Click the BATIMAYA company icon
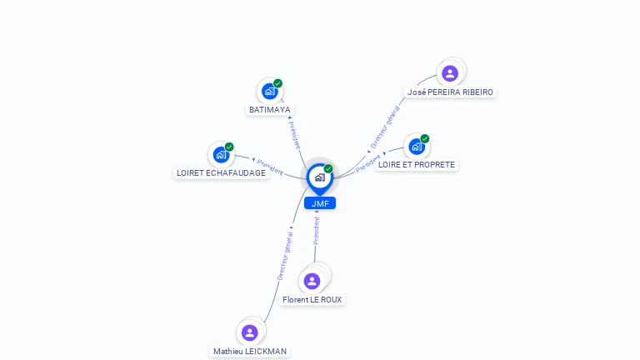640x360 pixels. pyautogui.click(x=270, y=92)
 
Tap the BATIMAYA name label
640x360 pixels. pyautogui.click(x=270, y=110)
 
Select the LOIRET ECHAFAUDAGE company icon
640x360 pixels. pyautogui.click(x=221, y=155)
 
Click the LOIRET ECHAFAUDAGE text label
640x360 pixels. pyautogui.click(x=221, y=173)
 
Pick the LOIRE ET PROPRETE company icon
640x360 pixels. pyautogui.click(x=417, y=147)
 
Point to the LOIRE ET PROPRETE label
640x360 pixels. pyautogui.click(x=417, y=164)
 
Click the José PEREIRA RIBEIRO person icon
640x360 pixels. pyautogui.click(x=450, y=73)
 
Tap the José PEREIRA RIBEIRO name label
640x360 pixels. pyautogui.click(x=450, y=92)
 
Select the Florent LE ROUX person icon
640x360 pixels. pyautogui.click(x=312, y=281)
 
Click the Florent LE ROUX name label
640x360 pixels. pyautogui.click(x=312, y=300)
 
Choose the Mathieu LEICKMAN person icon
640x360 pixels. pyautogui.click(x=250, y=332)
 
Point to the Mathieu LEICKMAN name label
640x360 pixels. pyautogui.click(x=250, y=352)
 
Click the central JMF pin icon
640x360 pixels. pyautogui.click(x=320, y=178)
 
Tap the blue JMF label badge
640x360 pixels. pyautogui.click(x=320, y=203)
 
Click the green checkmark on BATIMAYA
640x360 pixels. pyautogui.click(x=278, y=83)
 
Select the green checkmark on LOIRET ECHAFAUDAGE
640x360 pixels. pyautogui.click(x=229, y=147)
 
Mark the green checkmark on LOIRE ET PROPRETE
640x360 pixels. pyautogui.click(x=425, y=139)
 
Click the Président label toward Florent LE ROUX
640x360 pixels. pyautogui.click(x=317, y=231)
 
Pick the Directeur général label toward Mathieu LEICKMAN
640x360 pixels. pyautogui.click(x=285, y=256)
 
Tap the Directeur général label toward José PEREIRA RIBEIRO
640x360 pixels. pyautogui.click(x=385, y=127)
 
